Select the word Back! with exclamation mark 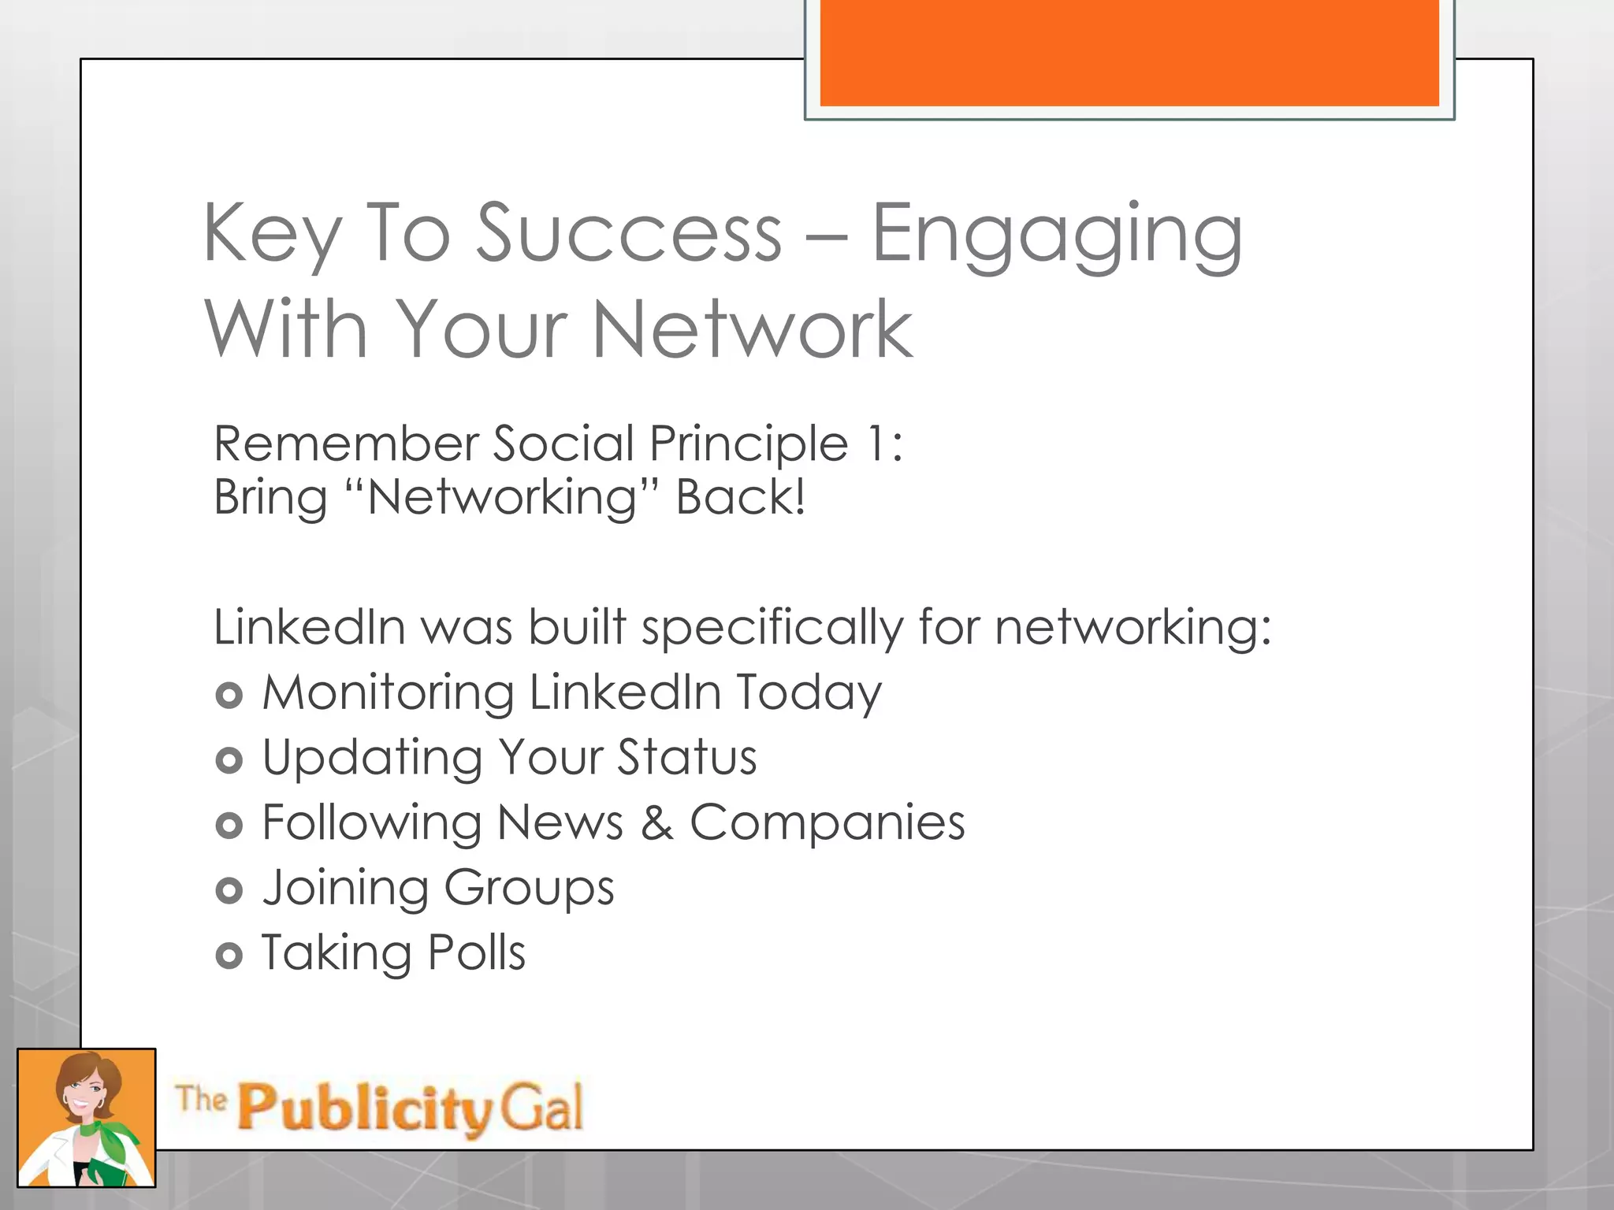741,498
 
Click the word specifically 772,629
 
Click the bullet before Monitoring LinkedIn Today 229,695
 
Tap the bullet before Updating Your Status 229,760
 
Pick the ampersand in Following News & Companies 656,823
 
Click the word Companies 827,823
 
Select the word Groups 529,889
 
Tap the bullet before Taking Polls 229,956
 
